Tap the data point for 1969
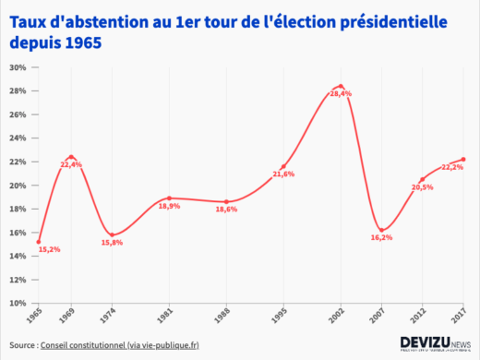(71, 157)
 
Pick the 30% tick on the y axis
(18, 67)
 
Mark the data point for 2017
(463, 159)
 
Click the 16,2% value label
(382, 237)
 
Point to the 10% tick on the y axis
(18, 303)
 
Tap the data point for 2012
(422, 179)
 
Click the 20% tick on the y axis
(18, 186)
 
